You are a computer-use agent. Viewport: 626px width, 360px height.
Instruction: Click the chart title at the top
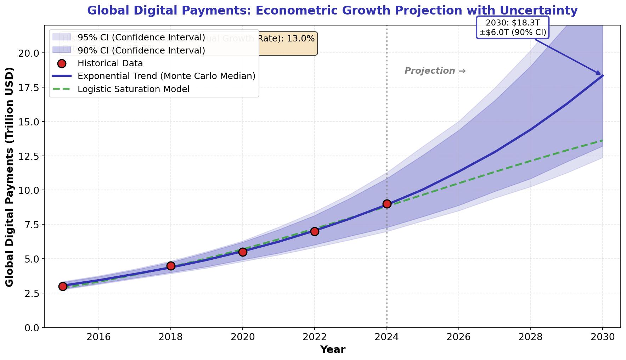pyautogui.click(x=332, y=11)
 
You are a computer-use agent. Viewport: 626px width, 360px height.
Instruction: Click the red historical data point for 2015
pyautogui.click(x=63, y=286)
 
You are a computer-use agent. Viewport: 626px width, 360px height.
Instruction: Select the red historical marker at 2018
pyautogui.click(x=171, y=266)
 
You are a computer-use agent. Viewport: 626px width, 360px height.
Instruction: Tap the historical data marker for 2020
pyautogui.click(x=243, y=252)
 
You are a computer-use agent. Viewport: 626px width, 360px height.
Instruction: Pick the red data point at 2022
pyautogui.click(x=315, y=231)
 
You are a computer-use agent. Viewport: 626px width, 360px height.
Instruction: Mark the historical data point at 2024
pyautogui.click(x=387, y=204)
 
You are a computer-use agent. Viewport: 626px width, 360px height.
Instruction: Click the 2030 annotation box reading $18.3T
pyautogui.click(x=513, y=27)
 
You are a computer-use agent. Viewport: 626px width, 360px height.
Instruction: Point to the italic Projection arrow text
pyautogui.click(x=435, y=71)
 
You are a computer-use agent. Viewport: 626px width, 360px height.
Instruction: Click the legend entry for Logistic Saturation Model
pyautogui.click(x=134, y=89)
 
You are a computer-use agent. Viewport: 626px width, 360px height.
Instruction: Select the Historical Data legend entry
pyautogui.click(x=110, y=63)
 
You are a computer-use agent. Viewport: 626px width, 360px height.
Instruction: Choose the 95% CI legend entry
pyautogui.click(x=141, y=38)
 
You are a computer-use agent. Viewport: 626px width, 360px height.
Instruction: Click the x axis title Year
pyautogui.click(x=332, y=350)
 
